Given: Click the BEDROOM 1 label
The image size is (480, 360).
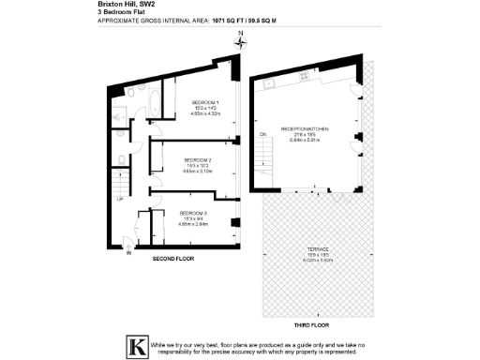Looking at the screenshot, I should (x=204, y=101).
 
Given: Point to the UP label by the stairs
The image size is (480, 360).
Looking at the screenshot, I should (x=120, y=199).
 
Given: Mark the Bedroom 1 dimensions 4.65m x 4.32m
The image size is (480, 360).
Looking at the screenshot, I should (x=204, y=114).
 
